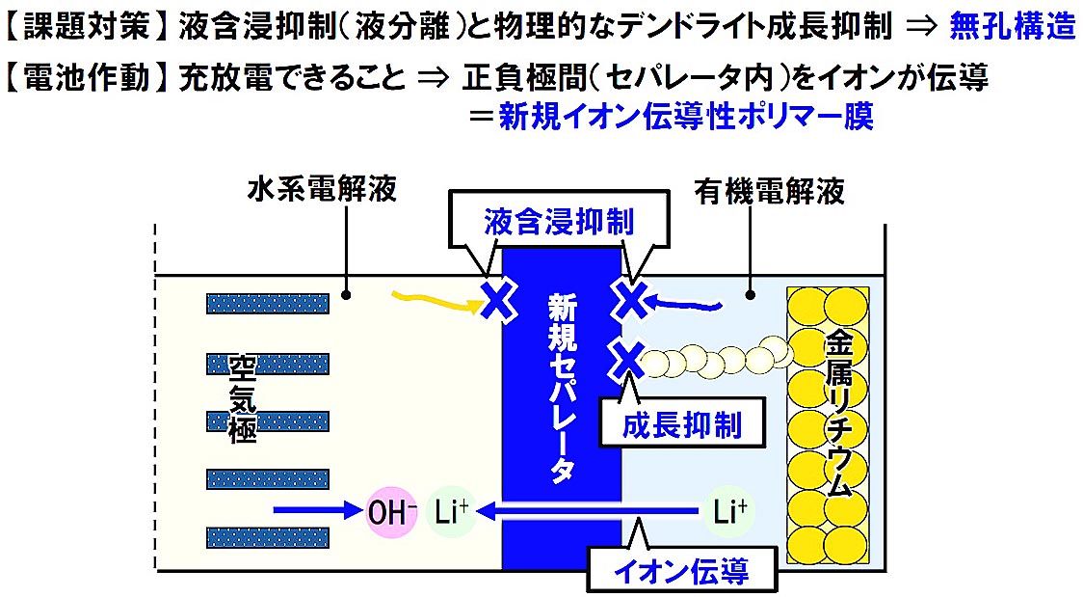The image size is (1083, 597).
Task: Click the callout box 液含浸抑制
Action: point(558,223)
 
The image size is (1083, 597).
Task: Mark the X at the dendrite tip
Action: point(628,360)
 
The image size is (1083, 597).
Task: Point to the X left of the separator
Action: point(496,300)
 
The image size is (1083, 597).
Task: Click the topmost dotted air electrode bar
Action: point(267,304)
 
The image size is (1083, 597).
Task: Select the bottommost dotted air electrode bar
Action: point(267,536)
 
